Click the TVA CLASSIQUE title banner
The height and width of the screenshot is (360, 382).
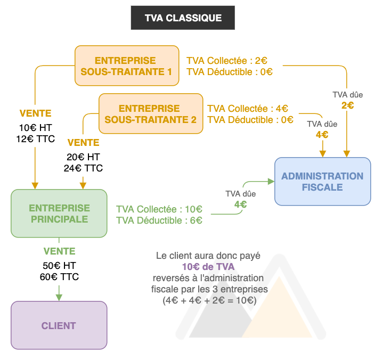[x=183, y=18]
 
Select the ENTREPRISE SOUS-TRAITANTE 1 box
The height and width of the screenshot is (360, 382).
[x=126, y=66]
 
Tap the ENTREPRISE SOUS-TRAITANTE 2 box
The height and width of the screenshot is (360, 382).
[x=151, y=114]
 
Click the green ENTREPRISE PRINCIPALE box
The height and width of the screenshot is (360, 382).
[x=59, y=213]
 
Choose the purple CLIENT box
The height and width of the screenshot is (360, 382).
[x=59, y=325]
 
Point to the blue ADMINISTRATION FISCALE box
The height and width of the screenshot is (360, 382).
[x=322, y=182]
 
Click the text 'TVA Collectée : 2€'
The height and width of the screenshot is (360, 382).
[x=226, y=61]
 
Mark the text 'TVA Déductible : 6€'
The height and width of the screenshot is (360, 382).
[x=159, y=220]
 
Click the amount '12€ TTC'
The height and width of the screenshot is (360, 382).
[x=35, y=138]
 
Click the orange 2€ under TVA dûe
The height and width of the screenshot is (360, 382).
[x=347, y=105]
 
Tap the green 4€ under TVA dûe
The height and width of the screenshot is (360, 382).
[x=240, y=203]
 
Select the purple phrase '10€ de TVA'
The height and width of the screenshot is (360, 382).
[x=208, y=267]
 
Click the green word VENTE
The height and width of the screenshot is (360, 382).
[x=59, y=251]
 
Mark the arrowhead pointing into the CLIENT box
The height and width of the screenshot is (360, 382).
[x=59, y=297]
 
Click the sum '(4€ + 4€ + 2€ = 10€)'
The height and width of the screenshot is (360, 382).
[x=209, y=300]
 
